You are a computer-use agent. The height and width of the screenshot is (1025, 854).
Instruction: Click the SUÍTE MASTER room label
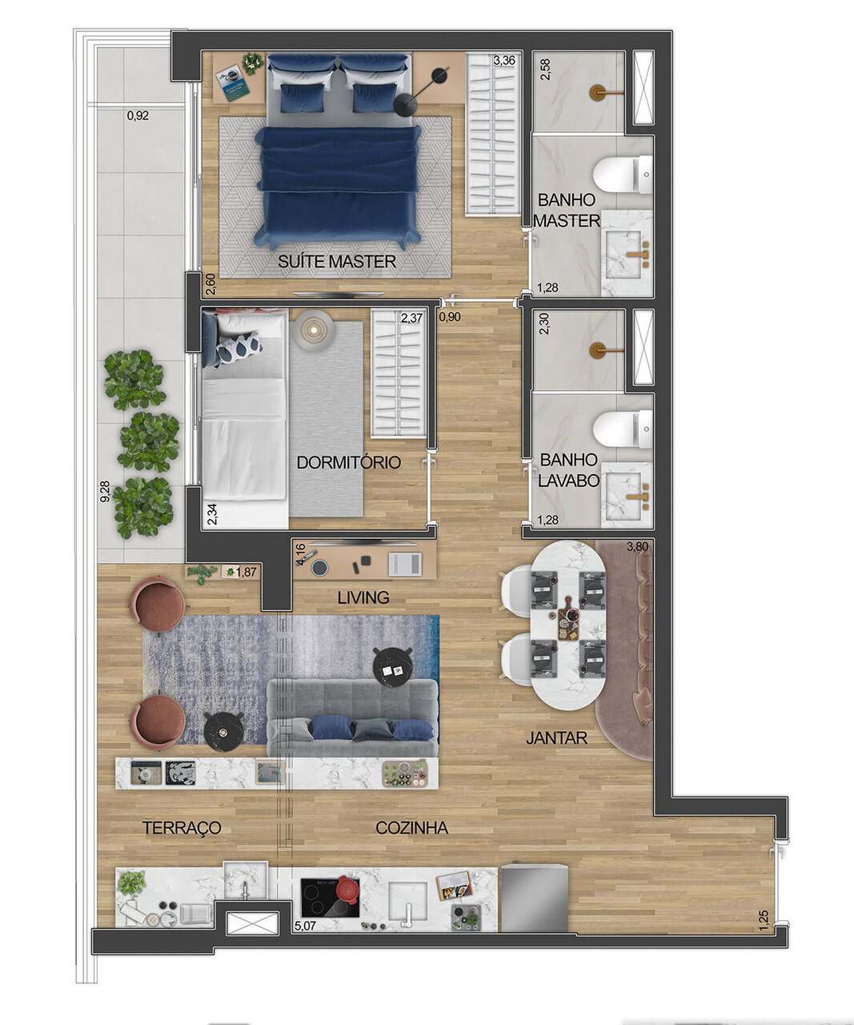pyautogui.click(x=337, y=261)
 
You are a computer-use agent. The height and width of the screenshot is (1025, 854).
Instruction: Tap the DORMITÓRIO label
pyautogui.click(x=348, y=463)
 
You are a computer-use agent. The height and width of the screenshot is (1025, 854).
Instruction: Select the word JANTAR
pyautogui.click(x=557, y=738)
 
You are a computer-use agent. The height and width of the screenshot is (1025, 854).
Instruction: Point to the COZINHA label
pyautogui.click(x=411, y=828)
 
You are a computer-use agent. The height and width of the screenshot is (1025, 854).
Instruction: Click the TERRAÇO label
pyautogui.click(x=182, y=828)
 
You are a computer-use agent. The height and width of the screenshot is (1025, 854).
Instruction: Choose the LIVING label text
pyautogui.click(x=363, y=597)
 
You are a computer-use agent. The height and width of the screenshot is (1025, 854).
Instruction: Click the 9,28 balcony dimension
pyautogui.click(x=104, y=492)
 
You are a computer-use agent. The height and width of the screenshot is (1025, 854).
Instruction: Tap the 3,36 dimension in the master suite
pyautogui.click(x=506, y=61)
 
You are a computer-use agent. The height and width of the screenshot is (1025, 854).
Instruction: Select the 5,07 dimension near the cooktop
pyautogui.click(x=305, y=926)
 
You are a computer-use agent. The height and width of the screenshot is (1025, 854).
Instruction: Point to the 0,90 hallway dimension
pyautogui.click(x=450, y=316)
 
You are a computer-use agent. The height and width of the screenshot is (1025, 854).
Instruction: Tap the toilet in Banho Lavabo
pyautogui.click(x=623, y=428)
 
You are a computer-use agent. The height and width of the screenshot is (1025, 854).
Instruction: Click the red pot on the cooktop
pyautogui.click(x=347, y=889)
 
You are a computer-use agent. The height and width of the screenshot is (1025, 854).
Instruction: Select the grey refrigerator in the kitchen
pyautogui.click(x=534, y=898)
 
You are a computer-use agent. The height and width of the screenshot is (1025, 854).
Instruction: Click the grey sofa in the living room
pyautogui.click(x=352, y=717)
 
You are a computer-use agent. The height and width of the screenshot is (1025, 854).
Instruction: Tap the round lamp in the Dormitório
pyautogui.click(x=312, y=328)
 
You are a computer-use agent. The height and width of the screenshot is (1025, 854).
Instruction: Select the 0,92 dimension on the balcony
pyautogui.click(x=138, y=115)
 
